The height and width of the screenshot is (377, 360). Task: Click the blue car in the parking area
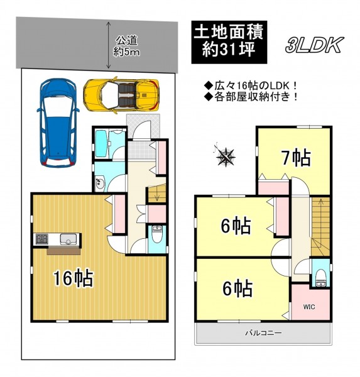point(58,123)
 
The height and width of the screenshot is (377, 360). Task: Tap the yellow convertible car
point(121,95)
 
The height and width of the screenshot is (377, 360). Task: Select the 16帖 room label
point(73,278)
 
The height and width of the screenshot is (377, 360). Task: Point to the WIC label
point(308,307)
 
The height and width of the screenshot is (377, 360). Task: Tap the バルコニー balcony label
point(263,333)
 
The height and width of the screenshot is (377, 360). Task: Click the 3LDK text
point(314,45)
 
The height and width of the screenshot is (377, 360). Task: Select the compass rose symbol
point(225,156)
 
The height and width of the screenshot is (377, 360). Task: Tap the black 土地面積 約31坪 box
point(229,42)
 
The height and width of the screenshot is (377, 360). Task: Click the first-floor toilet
point(158,234)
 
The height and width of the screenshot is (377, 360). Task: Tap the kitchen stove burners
point(42,239)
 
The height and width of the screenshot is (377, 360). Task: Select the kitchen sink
point(68,239)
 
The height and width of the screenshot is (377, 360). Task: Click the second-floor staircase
point(320,227)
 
